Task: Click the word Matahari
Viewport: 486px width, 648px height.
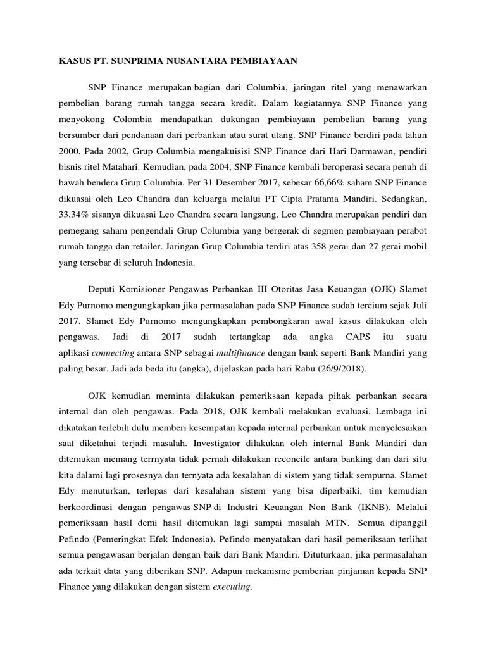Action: (x=128, y=168)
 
